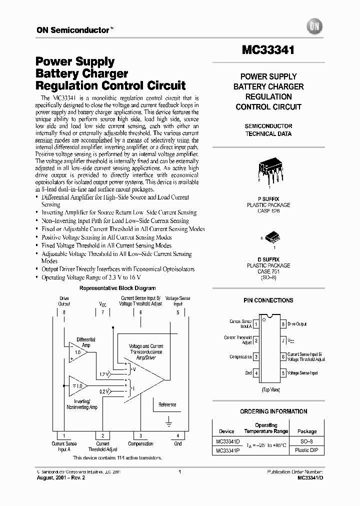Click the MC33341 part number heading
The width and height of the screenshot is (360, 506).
tap(268, 50)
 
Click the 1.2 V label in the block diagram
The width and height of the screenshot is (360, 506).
tap(104, 374)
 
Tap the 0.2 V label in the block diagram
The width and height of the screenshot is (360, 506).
tap(104, 392)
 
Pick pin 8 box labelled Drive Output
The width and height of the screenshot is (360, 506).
tap(283, 324)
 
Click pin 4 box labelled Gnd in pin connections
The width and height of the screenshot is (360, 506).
tap(256, 373)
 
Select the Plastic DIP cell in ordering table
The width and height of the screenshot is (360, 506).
tap(306, 450)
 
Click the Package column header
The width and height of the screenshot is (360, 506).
tap(306, 431)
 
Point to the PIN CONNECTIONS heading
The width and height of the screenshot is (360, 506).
tap(268, 300)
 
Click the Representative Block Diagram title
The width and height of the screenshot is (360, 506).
tap(117, 288)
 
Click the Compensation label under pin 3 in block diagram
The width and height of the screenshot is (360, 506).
tap(140, 443)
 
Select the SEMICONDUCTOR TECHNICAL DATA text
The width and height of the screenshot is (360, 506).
tap(268, 130)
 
